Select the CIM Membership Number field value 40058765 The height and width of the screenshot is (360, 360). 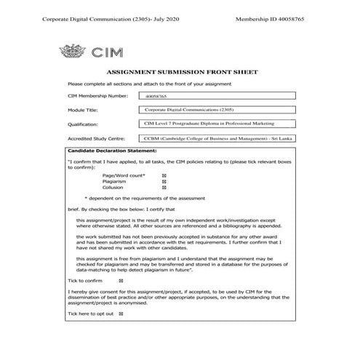[x=156, y=96]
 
